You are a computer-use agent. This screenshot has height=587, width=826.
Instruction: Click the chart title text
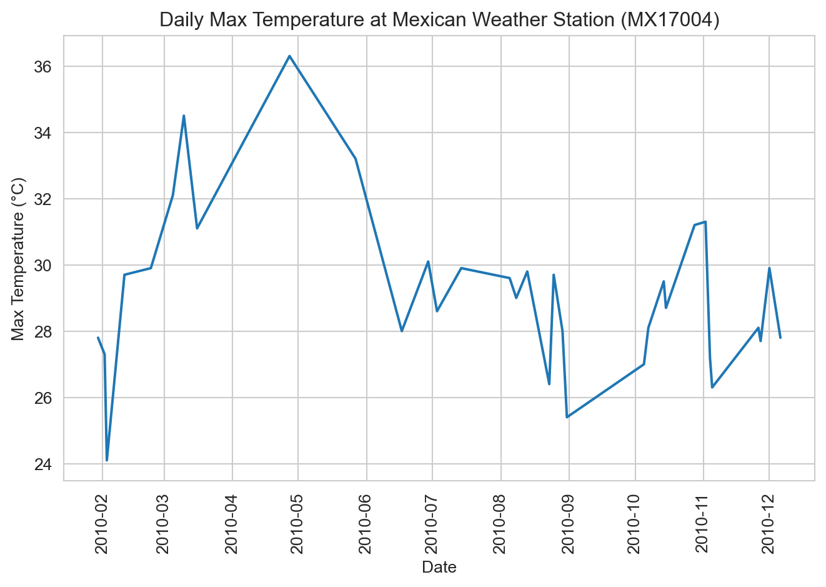(439, 20)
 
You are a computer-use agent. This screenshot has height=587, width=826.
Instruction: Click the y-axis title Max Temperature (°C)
(19, 259)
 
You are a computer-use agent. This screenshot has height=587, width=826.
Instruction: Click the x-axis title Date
(439, 568)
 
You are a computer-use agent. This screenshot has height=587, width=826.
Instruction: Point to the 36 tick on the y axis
(42, 66)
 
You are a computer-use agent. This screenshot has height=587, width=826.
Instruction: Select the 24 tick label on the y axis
(42, 464)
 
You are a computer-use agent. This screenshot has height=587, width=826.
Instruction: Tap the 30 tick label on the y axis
(42, 266)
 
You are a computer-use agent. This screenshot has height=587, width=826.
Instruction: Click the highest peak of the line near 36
(289, 56)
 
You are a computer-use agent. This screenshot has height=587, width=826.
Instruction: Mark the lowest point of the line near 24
(107, 460)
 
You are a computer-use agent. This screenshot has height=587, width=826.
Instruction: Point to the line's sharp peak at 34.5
(184, 116)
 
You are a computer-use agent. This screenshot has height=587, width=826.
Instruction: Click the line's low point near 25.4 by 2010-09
(567, 417)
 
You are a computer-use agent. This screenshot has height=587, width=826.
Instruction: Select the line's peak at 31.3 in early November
(705, 222)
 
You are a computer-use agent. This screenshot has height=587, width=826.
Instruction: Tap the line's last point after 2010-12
(780, 338)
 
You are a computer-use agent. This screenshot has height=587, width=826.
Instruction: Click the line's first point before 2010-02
(98, 338)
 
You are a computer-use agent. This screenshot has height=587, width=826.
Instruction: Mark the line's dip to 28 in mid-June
(402, 331)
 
